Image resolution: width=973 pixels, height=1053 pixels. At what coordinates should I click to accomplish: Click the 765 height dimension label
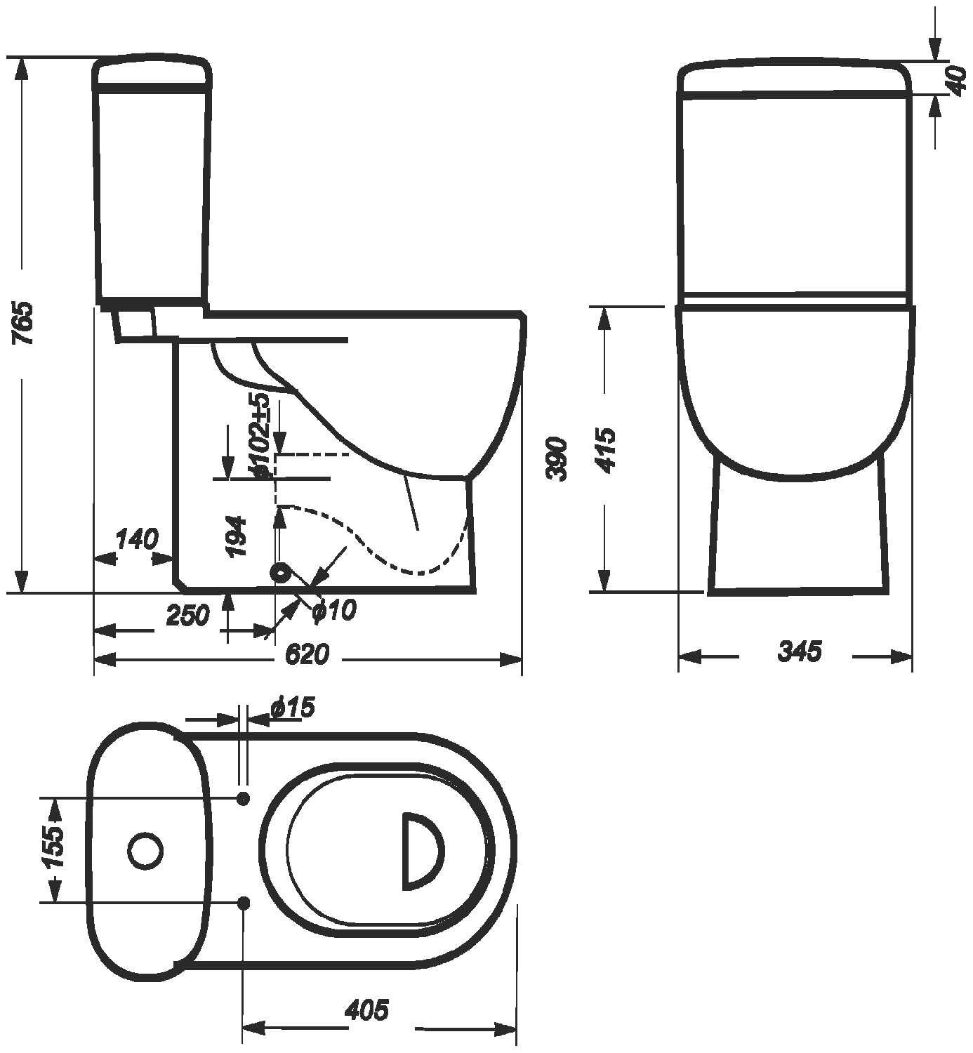(x=25, y=323)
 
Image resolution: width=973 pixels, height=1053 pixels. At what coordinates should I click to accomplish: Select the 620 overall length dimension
(x=307, y=654)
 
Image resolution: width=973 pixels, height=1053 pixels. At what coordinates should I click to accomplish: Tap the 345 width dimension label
(x=799, y=651)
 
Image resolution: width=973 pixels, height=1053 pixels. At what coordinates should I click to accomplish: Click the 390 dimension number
(x=556, y=458)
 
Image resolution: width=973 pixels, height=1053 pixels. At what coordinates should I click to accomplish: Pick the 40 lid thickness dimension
(x=957, y=79)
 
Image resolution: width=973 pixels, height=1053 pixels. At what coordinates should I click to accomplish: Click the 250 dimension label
(x=187, y=615)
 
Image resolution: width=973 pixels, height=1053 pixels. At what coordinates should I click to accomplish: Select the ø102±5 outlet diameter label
(x=259, y=435)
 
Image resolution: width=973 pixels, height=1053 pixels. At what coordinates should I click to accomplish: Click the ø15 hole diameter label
(x=292, y=708)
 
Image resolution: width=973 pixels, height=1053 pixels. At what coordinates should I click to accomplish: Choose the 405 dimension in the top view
(x=366, y=1010)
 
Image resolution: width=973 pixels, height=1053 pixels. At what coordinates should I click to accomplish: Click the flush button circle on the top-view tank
(x=146, y=850)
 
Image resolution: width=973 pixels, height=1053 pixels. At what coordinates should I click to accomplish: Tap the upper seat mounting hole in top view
(x=244, y=798)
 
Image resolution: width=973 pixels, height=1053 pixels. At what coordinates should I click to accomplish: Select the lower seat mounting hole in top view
(x=244, y=903)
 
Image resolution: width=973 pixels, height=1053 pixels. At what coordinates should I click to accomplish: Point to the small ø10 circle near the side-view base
(x=282, y=574)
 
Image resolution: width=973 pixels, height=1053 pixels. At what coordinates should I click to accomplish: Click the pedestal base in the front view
(x=799, y=534)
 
